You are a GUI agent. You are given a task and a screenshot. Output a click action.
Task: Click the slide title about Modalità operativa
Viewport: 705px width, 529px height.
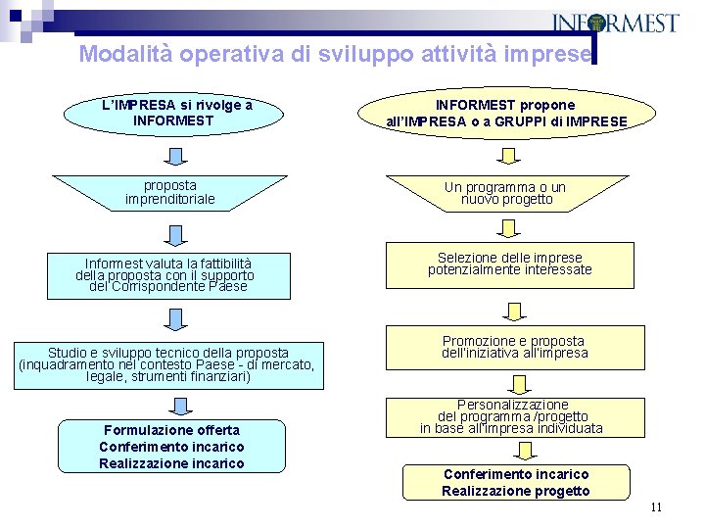[x=335, y=54]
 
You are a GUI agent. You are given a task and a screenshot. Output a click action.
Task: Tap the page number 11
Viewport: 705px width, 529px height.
[x=655, y=506]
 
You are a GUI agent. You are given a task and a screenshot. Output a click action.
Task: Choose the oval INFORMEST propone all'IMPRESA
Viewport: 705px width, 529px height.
[x=507, y=113]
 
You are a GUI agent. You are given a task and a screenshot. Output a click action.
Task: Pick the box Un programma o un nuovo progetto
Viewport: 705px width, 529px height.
[x=505, y=193]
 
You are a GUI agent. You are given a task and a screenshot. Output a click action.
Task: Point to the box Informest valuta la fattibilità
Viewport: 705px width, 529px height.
[x=168, y=275]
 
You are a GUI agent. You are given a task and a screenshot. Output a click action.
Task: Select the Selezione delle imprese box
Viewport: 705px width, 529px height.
[x=509, y=264]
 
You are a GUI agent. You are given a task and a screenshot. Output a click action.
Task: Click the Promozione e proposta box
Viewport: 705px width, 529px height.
[x=515, y=348]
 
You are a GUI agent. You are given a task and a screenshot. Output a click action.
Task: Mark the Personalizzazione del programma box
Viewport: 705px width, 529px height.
[x=511, y=417]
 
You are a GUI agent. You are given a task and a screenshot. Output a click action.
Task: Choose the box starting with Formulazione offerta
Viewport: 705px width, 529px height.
[x=171, y=447]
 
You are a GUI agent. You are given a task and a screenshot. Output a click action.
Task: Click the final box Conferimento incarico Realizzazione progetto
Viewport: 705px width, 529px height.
[x=515, y=481]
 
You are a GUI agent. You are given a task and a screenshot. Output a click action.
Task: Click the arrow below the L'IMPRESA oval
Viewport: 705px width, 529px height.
[x=174, y=156]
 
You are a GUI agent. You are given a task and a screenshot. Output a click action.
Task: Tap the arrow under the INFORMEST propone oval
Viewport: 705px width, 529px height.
[x=509, y=156]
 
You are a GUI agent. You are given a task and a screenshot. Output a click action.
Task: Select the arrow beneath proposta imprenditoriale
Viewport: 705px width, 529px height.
[x=174, y=233]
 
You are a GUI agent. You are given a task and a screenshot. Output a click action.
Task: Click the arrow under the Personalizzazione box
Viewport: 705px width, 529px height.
[x=526, y=450]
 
